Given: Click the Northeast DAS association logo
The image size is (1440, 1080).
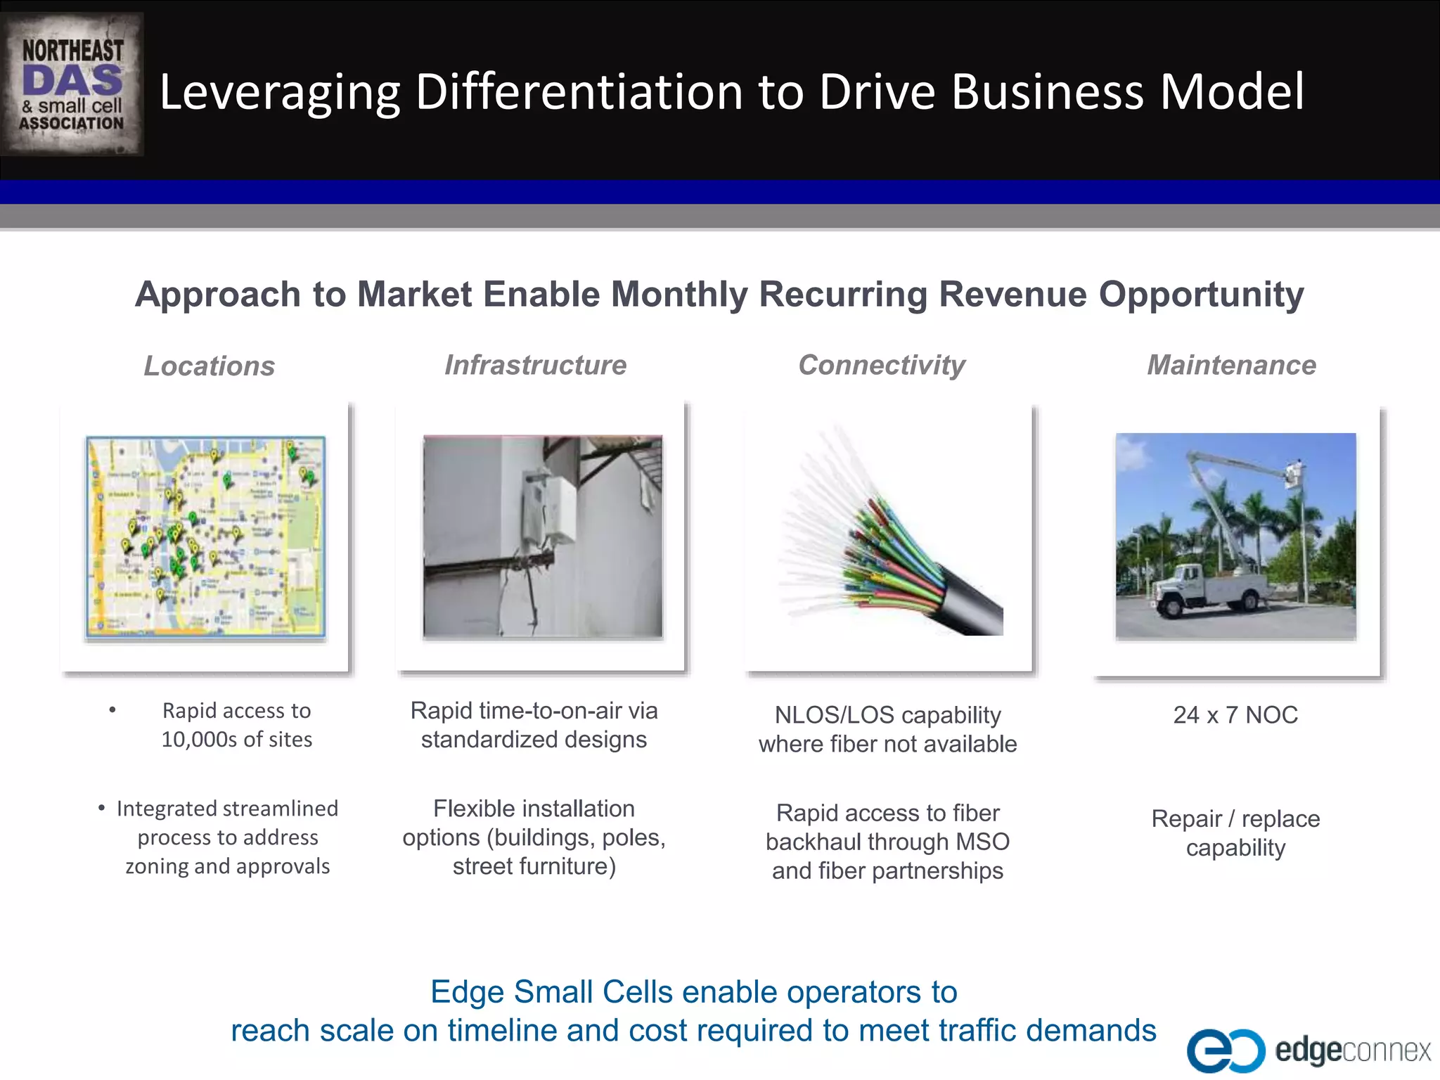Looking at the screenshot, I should tap(72, 84).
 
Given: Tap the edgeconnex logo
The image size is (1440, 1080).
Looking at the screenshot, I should tap(1308, 1050).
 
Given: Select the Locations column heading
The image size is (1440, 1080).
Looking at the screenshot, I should tap(209, 366).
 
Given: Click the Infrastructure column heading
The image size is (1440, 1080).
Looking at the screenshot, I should tap(535, 365).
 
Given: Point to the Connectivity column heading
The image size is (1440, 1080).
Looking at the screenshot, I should tap(882, 365).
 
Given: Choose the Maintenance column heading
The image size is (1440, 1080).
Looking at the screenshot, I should tap(1231, 365).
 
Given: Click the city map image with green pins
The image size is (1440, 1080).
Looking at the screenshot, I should tap(205, 537).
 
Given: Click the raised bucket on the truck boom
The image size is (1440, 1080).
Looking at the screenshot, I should tap(1294, 475).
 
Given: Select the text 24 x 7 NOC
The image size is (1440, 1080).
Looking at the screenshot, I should tap(1235, 715).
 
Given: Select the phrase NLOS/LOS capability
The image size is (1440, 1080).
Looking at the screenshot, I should tap(887, 715).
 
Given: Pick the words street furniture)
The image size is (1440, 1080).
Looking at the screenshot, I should tap(534, 866).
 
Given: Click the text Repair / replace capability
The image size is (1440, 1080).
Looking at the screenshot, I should tap(1235, 833).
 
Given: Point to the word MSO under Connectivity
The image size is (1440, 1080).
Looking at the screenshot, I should tap(982, 842).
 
